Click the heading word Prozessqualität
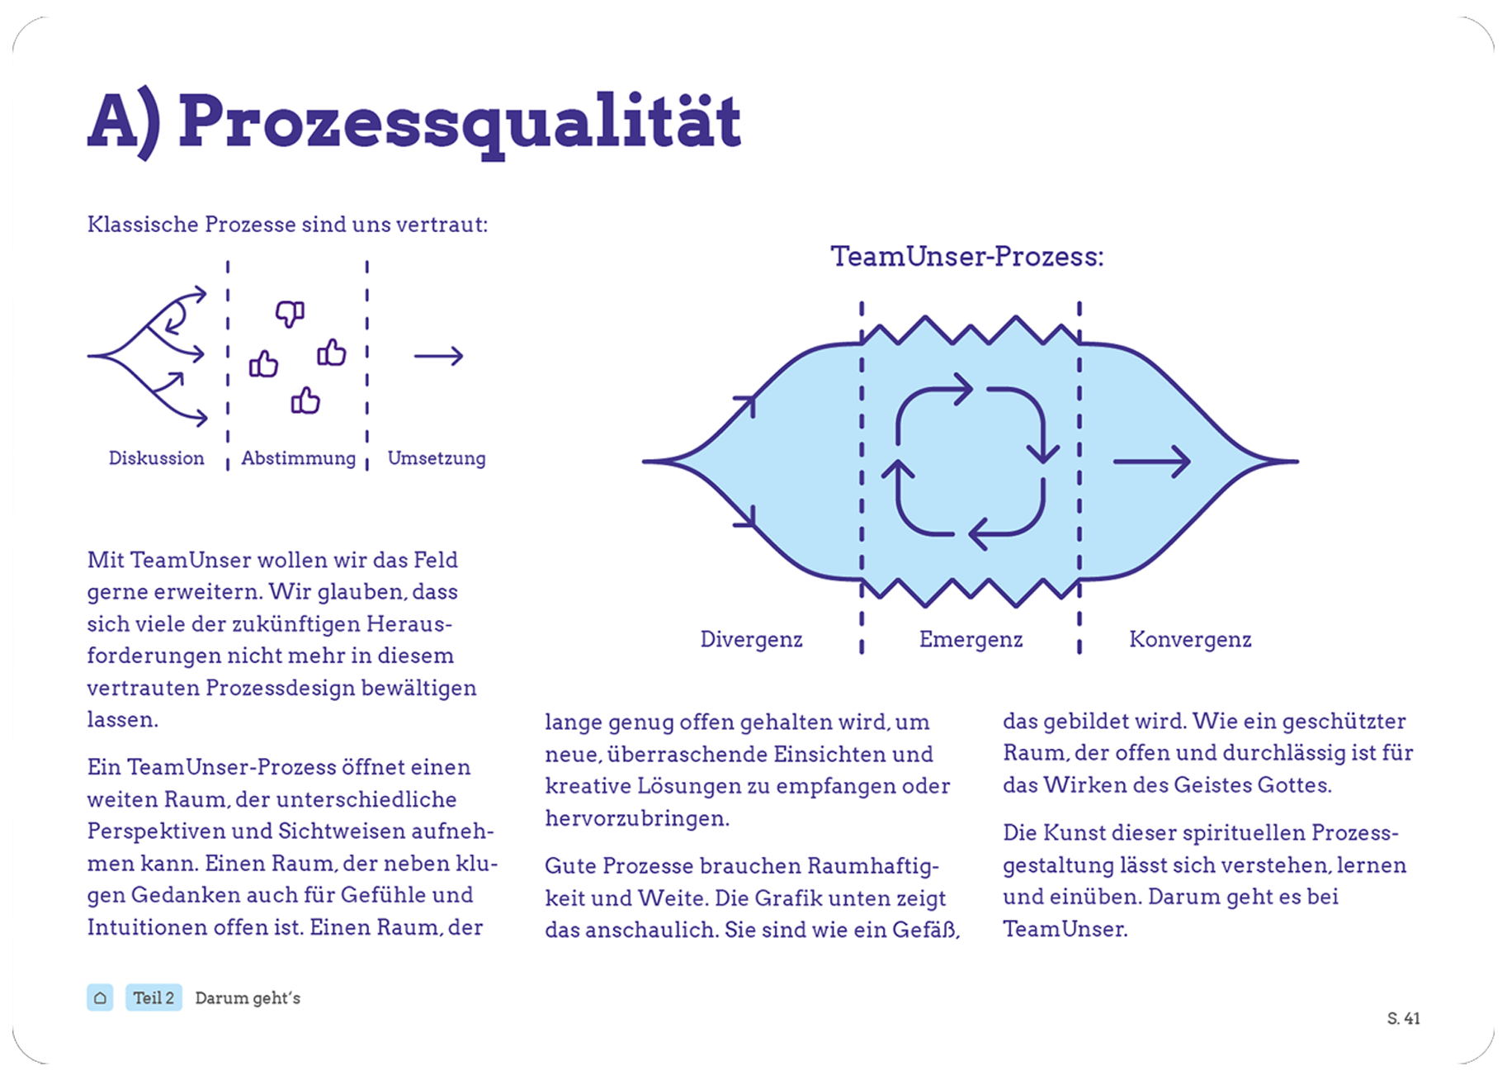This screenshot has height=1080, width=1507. (459, 122)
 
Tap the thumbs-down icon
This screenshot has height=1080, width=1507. (290, 313)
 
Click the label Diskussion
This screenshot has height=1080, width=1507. (156, 458)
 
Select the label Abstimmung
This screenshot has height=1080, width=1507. (298, 458)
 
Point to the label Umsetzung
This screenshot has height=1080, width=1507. (436, 458)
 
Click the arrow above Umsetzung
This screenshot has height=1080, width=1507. (438, 356)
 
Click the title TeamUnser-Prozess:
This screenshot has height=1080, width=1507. (966, 256)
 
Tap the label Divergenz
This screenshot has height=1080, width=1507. (751, 639)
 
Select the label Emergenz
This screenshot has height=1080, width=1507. (971, 639)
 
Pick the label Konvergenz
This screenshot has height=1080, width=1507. (1190, 639)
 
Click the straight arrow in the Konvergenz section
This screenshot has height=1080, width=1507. (1151, 462)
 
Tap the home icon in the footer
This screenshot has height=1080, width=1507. (100, 997)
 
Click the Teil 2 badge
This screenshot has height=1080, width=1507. (154, 997)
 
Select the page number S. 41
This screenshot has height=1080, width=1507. (1403, 1018)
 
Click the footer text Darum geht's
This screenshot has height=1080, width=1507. (248, 997)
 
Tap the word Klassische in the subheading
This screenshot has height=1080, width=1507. (143, 225)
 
